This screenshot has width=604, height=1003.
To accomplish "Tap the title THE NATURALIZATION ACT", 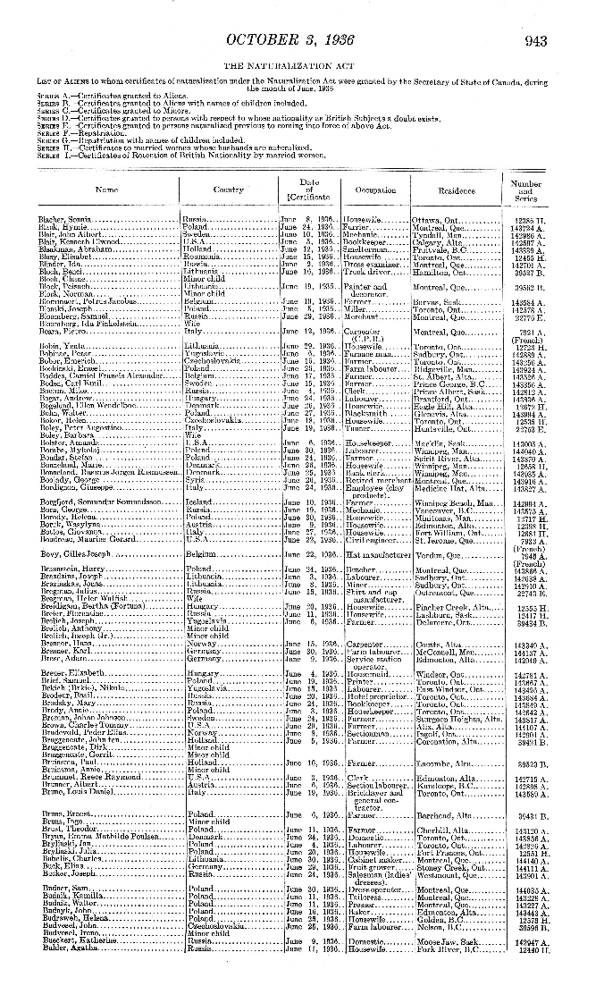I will click(302, 65).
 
